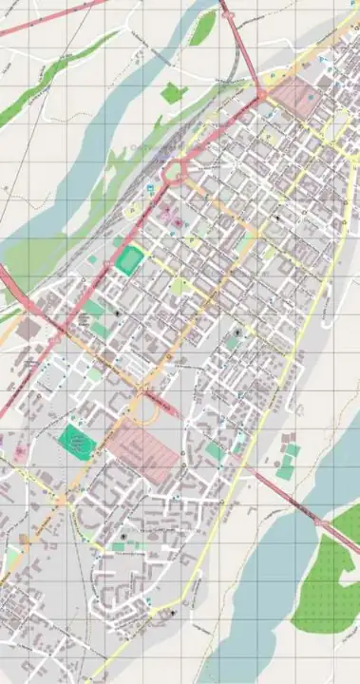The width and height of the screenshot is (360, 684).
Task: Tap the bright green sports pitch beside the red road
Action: tap(132, 259)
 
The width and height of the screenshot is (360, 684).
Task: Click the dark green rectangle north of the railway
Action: tap(172, 93)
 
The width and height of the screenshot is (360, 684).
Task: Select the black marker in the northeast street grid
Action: tap(276, 218)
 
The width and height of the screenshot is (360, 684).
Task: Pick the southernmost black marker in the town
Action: tap(172, 615)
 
